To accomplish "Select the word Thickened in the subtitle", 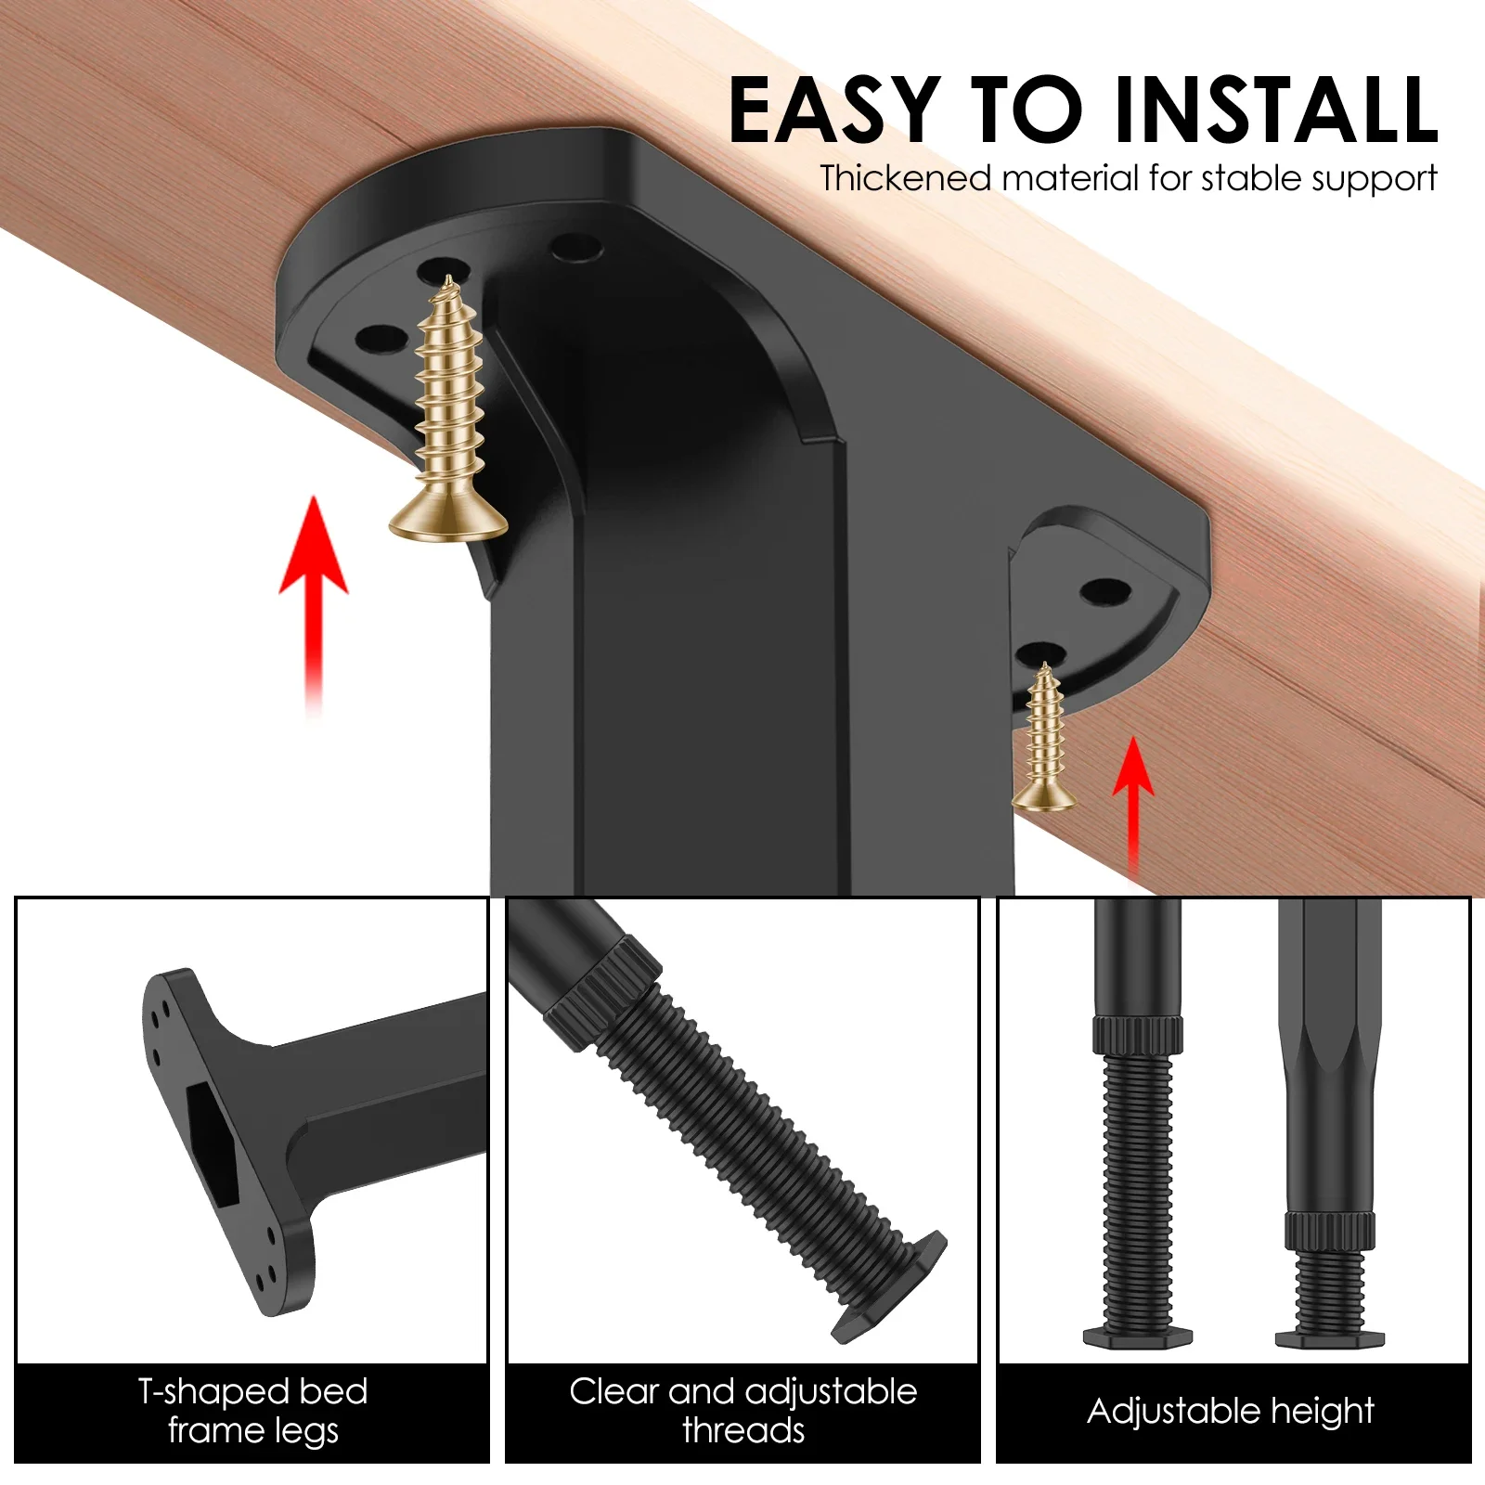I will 905,178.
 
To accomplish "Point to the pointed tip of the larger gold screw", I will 447,278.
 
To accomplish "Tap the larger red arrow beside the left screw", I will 314,594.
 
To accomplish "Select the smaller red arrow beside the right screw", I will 1133,798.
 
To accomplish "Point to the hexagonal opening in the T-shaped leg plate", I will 213,1146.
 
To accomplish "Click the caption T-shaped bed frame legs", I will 252,1411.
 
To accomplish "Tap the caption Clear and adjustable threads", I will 742,1411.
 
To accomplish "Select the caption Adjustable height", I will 1231,1411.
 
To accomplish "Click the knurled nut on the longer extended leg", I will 1137,1035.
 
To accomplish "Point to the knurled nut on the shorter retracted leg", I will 1329,1230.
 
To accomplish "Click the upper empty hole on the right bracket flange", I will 1105,589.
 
